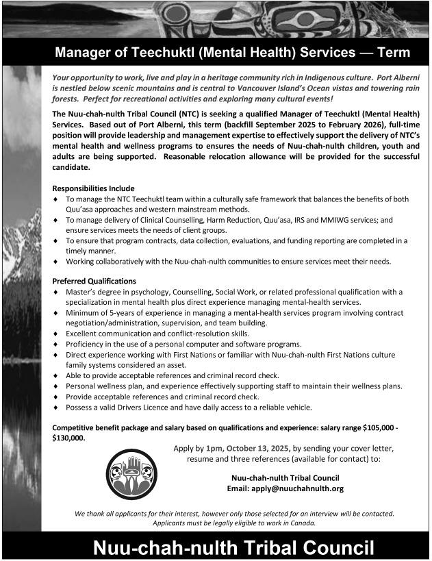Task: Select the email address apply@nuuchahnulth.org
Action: [285, 488]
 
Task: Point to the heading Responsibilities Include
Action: [93, 188]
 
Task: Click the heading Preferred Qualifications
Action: [94, 281]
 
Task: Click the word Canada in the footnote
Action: [301, 523]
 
